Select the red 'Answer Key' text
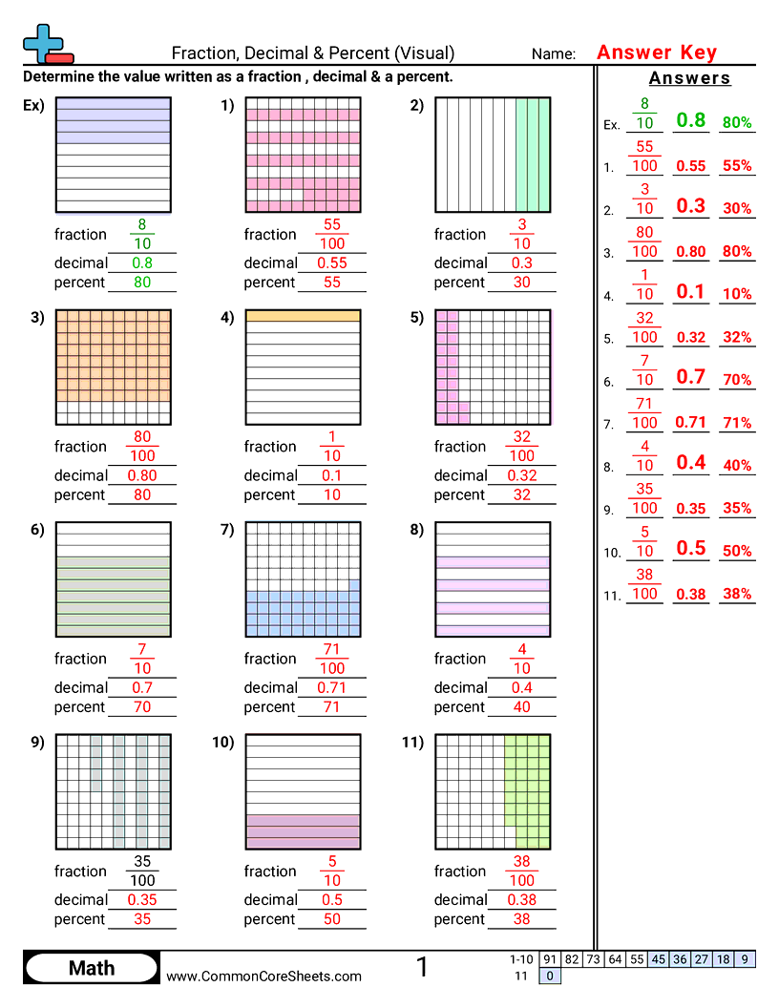[656, 52]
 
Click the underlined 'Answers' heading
[689, 78]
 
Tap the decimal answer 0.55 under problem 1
[331, 263]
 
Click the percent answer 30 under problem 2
[521, 283]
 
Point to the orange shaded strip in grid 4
[304, 315]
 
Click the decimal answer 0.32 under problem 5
[521, 475]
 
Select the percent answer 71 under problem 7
[331, 707]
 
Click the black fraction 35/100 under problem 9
[142, 871]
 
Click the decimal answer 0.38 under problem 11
[521, 900]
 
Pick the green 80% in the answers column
[737, 122]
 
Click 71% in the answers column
[737, 422]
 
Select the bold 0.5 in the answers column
[690, 549]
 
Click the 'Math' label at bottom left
[92, 969]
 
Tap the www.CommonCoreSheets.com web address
[264, 976]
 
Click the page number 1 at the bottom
[422, 968]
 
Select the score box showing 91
[549, 959]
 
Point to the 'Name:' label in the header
[554, 54]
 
